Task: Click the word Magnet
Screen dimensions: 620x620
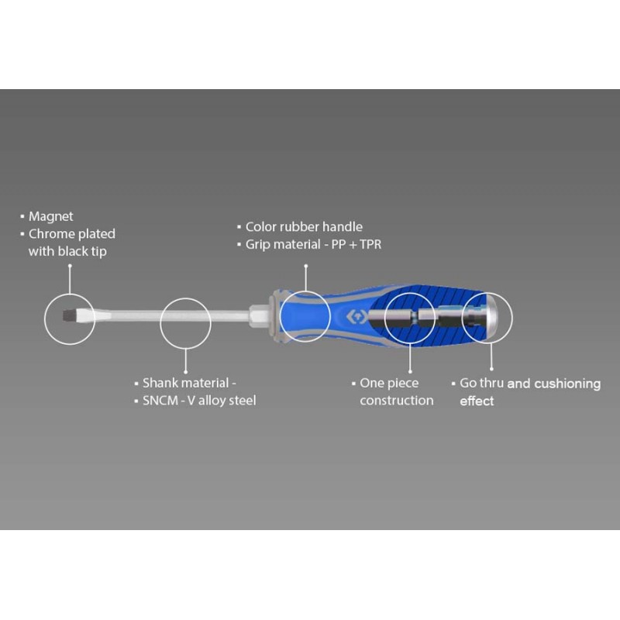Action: click(50, 217)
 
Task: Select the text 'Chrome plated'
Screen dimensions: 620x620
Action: click(72, 234)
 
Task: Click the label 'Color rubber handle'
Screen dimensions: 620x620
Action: click(304, 227)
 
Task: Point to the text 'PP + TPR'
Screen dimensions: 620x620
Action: click(356, 244)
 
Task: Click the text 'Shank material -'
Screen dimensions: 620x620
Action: click(189, 383)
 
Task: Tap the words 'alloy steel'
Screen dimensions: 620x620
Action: click(227, 401)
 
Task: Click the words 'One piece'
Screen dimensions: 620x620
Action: click(389, 383)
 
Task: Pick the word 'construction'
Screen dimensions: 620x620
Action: click(397, 401)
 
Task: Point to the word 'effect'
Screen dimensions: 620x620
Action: click(477, 401)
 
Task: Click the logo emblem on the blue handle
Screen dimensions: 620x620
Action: click(356, 317)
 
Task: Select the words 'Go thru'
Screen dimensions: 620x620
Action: click(481, 383)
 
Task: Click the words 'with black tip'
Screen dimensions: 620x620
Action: click(67, 251)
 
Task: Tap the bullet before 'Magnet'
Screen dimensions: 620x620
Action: click(22, 217)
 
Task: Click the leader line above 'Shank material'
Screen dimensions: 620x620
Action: click(185, 360)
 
